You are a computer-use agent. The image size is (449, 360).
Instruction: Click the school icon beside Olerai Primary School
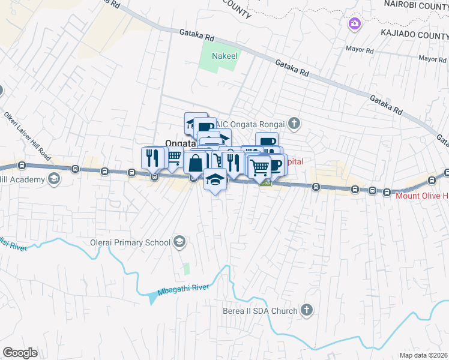tap(178, 242)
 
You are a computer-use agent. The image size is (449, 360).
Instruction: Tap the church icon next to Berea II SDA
tap(307, 310)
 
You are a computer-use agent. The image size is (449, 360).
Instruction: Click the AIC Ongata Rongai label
tap(252, 124)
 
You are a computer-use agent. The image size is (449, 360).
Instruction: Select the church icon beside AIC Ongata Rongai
tap(294, 124)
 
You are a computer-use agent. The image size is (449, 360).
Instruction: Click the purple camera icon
tap(355, 23)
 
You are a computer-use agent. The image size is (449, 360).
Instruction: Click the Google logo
tap(20, 353)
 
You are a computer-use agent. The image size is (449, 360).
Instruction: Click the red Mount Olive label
tap(420, 195)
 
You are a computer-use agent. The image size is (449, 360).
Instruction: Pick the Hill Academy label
tap(22, 179)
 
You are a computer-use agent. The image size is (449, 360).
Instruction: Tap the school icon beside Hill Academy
tap(54, 179)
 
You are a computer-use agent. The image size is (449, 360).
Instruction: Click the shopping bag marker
tap(196, 162)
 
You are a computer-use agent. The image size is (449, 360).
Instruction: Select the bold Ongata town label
tap(180, 143)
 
